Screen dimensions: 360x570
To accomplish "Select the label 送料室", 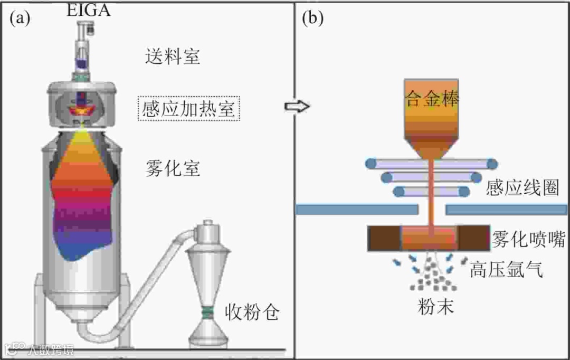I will point(173,56).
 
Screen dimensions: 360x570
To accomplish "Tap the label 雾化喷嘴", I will point(525,239).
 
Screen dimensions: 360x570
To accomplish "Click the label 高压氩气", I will point(506,271).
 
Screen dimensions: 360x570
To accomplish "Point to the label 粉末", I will point(435,307).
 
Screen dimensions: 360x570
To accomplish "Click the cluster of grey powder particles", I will point(432,278).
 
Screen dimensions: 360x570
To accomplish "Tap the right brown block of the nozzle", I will point(473,238).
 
